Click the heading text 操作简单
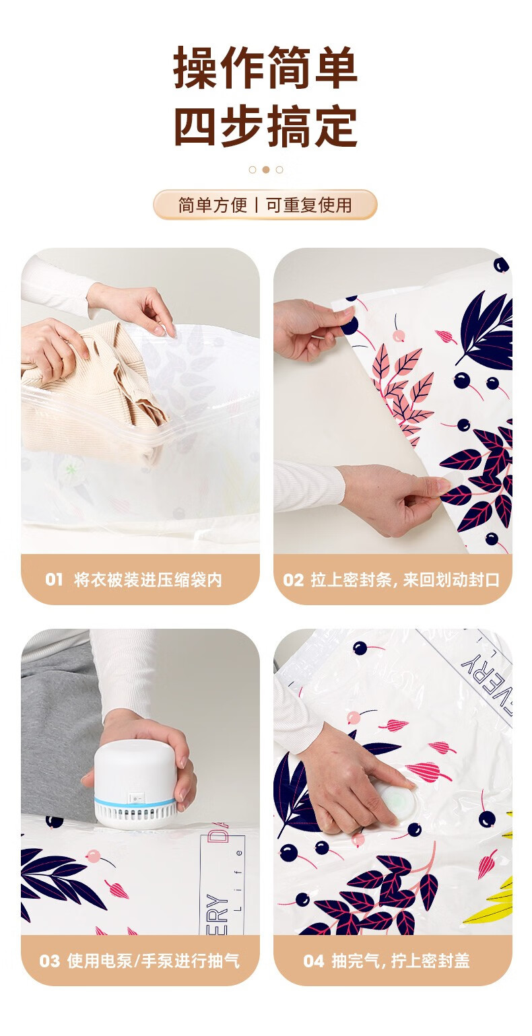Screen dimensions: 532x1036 point(265,67)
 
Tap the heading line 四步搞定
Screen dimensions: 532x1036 point(265,125)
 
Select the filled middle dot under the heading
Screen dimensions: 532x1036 point(265,170)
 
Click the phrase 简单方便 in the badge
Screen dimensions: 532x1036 point(213,205)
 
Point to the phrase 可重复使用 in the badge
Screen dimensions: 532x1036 point(308,205)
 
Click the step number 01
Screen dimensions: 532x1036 point(54,580)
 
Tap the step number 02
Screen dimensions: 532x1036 point(294,580)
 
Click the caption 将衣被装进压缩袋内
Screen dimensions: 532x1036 point(148,580)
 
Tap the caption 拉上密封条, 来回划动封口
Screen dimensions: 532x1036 point(405,580)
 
